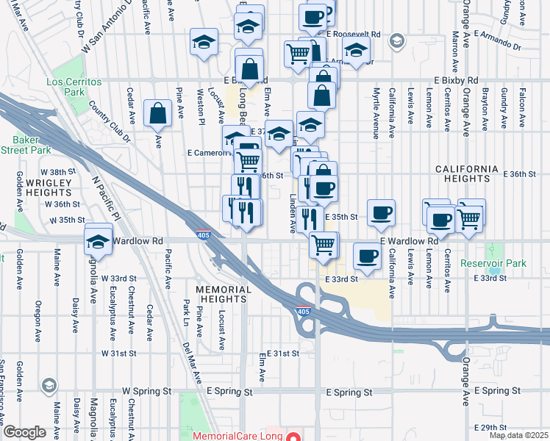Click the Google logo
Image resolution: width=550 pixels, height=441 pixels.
[x=24, y=432]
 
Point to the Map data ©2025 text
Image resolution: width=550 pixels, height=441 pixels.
[x=518, y=435]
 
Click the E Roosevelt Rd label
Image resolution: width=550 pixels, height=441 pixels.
[x=354, y=35]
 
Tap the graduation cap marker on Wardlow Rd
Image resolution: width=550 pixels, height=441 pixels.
[x=98, y=240]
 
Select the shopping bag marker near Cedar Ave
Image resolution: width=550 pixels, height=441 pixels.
[x=158, y=113]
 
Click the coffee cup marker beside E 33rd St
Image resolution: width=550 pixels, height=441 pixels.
[x=367, y=257]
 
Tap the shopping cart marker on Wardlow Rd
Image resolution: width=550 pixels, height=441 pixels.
[x=322, y=243]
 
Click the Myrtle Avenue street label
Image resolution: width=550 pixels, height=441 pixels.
[x=375, y=114]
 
